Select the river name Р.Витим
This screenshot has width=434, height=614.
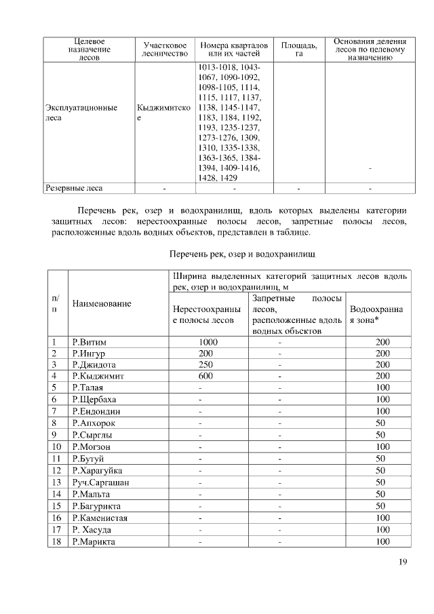click(90, 342)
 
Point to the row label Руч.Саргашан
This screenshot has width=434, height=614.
click(100, 482)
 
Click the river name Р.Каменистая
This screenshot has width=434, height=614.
click(100, 518)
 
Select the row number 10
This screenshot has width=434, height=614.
click(57, 446)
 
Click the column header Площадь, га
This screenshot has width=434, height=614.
click(298, 49)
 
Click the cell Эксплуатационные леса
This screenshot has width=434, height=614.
click(81, 112)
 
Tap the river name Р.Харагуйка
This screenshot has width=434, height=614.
click(98, 470)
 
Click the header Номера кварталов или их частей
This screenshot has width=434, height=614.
click(234, 49)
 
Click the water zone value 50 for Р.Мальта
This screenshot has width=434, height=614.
click(380, 494)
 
